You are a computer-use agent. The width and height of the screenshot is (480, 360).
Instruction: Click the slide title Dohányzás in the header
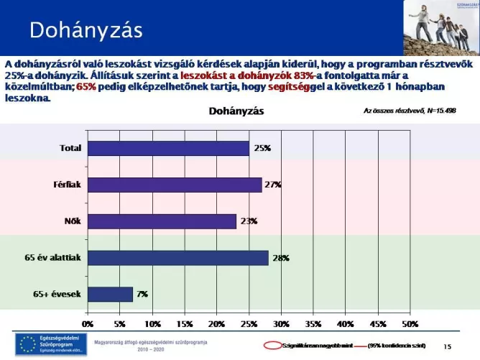tap(86, 30)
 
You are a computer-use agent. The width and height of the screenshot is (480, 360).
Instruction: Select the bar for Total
tap(168, 148)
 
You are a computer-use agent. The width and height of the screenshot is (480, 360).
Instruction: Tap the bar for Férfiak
tap(175, 185)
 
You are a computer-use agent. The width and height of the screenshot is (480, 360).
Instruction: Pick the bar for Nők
tap(162, 221)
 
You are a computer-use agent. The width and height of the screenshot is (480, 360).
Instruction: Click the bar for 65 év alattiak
tap(177, 258)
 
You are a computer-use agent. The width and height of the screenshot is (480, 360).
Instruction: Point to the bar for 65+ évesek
tap(110, 295)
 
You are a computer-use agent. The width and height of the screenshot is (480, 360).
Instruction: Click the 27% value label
tap(272, 185)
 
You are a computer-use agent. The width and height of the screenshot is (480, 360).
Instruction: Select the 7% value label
tap(142, 295)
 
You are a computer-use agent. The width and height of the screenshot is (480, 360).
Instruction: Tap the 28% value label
tap(281, 258)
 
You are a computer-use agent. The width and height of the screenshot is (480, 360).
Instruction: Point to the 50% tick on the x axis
tap(410, 324)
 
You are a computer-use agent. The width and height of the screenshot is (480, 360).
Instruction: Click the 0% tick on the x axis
tap(87, 324)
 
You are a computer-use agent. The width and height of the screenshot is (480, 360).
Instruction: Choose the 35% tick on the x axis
tap(313, 324)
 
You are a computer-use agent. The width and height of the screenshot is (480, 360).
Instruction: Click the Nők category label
tap(71, 221)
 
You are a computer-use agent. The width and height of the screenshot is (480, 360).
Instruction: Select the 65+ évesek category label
tap(57, 295)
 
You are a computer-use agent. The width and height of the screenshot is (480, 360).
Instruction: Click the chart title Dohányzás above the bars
tap(236, 111)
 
